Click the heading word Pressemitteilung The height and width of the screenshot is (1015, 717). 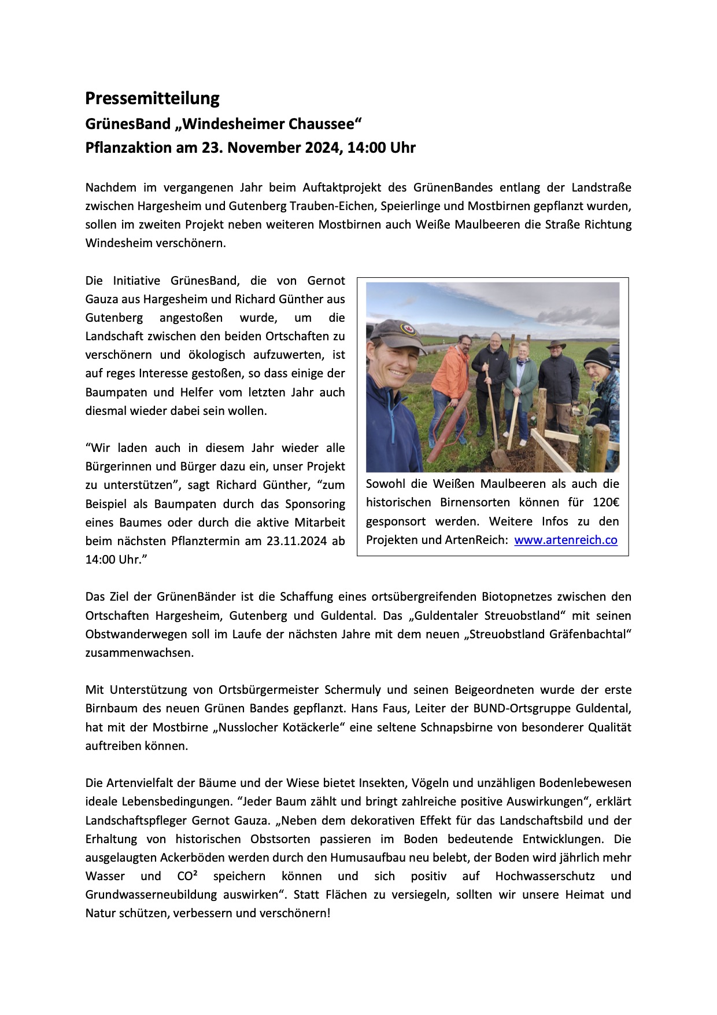click(x=152, y=98)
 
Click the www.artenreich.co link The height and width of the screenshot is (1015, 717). click(x=566, y=540)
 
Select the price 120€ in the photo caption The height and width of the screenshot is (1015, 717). click(x=605, y=502)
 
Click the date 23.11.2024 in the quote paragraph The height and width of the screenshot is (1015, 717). click(x=297, y=541)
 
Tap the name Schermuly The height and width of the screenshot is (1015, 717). click(x=353, y=690)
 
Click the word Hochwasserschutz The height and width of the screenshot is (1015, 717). click(x=545, y=876)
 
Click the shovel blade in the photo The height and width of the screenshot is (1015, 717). click(x=500, y=459)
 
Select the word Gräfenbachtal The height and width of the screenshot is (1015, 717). click(x=588, y=634)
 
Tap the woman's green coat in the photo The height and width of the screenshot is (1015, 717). click(x=521, y=382)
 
